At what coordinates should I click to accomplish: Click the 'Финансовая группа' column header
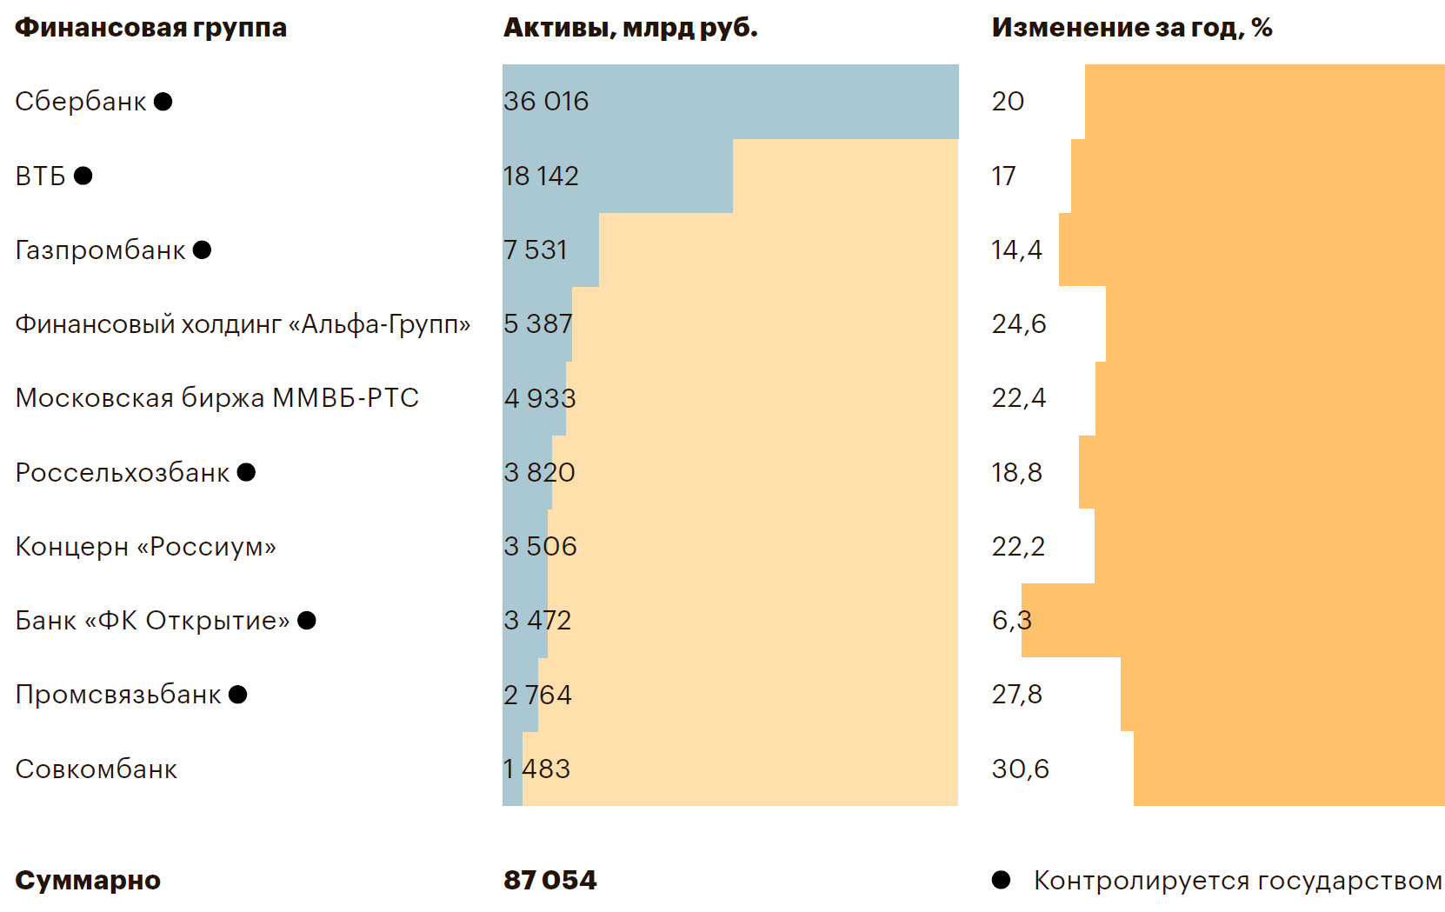(150, 28)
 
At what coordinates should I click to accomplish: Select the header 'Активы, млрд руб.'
(630, 28)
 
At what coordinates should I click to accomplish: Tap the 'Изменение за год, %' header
(1131, 28)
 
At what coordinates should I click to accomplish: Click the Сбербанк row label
(81, 102)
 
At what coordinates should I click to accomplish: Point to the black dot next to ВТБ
(83, 176)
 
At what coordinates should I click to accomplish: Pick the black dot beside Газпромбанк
(202, 250)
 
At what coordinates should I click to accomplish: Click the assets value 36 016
(546, 102)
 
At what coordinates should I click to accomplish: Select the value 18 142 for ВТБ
(541, 176)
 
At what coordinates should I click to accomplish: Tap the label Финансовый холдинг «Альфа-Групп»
(243, 324)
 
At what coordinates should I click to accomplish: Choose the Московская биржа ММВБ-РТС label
(217, 398)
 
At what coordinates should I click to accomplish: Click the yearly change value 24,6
(1019, 324)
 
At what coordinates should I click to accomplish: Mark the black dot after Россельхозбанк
(246, 472)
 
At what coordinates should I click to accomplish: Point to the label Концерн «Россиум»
(145, 547)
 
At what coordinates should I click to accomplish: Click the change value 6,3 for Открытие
(1011, 621)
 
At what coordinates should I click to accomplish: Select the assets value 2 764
(537, 695)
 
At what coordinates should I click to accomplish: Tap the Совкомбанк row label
(96, 769)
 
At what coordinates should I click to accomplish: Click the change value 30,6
(1020, 769)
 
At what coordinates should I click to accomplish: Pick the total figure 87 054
(549, 880)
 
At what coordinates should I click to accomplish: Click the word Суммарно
(88, 880)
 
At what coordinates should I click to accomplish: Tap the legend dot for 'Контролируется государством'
(1001, 880)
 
